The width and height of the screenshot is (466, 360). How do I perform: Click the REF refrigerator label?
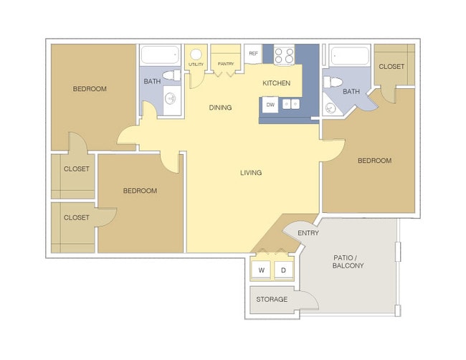click(x=253, y=54)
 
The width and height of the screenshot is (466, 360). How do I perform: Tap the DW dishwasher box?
click(x=270, y=105)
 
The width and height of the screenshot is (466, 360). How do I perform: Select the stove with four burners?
click(x=284, y=55)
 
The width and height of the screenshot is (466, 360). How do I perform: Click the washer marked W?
click(x=261, y=270)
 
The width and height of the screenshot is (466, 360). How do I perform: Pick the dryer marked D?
click(x=283, y=270)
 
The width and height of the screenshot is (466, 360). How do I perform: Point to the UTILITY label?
click(x=196, y=65)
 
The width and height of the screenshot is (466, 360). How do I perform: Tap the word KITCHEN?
click(x=277, y=83)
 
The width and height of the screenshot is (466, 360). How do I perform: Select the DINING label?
click(x=220, y=108)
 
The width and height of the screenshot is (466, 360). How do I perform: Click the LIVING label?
click(x=251, y=172)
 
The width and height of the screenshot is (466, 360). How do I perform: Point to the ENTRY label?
click(x=308, y=233)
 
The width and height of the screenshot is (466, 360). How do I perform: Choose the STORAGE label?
click(x=272, y=299)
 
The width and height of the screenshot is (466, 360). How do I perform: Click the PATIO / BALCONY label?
click(x=348, y=261)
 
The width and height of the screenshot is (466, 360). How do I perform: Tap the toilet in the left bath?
click(x=171, y=75)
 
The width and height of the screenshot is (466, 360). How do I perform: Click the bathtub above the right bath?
click(x=349, y=56)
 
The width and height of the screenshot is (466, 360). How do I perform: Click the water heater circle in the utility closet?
click(x=196, y=54)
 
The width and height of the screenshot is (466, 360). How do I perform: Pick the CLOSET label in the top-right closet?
click(x=391, y=67)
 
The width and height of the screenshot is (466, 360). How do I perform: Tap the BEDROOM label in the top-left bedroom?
click(x=90, y=89)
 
